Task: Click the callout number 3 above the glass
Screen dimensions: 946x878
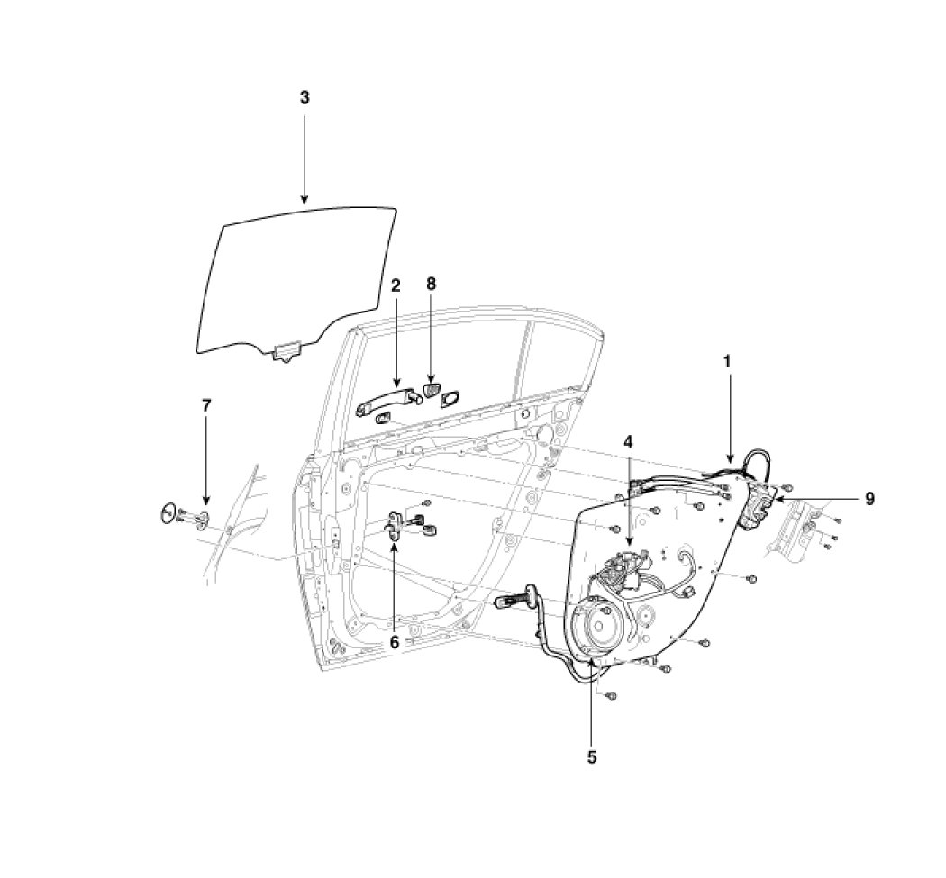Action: (305, 97)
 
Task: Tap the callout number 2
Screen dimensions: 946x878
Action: (395, 285)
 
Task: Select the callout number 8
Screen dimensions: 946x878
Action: (431, 284)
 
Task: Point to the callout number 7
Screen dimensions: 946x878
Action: (206, 406)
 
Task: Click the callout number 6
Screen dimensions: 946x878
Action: (394, 641)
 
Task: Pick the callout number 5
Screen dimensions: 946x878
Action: (591, 757)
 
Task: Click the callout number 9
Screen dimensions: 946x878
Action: (869, 498)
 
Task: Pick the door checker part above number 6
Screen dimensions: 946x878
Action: (397, 522)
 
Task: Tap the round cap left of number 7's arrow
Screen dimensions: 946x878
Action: (168, 513)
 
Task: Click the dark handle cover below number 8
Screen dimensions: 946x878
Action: (431, 390)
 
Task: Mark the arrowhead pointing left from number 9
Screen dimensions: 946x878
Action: (777, 498)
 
